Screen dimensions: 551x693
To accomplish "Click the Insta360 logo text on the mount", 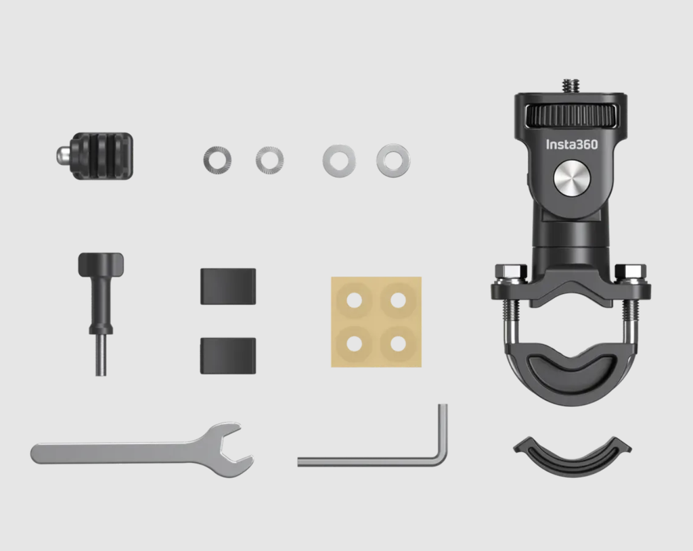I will pos(572,144).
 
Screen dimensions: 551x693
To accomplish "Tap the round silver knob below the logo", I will pos(572,178).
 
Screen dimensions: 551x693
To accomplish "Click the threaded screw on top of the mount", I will pos(571,87).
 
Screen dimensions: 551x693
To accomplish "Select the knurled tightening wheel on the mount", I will pos(571,114).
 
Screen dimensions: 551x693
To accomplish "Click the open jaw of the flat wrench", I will pos(235,449).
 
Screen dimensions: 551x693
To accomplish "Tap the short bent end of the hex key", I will pos(443,426).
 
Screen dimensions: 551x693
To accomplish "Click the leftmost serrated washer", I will pos(217,160).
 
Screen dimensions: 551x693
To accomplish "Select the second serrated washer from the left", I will pos(269,160).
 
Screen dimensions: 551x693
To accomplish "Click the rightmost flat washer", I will pos(393,160).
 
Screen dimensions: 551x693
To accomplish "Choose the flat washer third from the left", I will pos(339,160).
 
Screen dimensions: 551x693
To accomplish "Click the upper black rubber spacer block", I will pos(228,286).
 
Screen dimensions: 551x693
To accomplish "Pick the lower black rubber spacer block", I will pos(228,356).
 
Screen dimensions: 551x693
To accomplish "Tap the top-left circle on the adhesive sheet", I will pos(355,300).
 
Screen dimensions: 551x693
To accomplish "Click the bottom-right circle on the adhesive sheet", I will pos(399,343).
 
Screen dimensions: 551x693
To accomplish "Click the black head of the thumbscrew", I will pos(101,263).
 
